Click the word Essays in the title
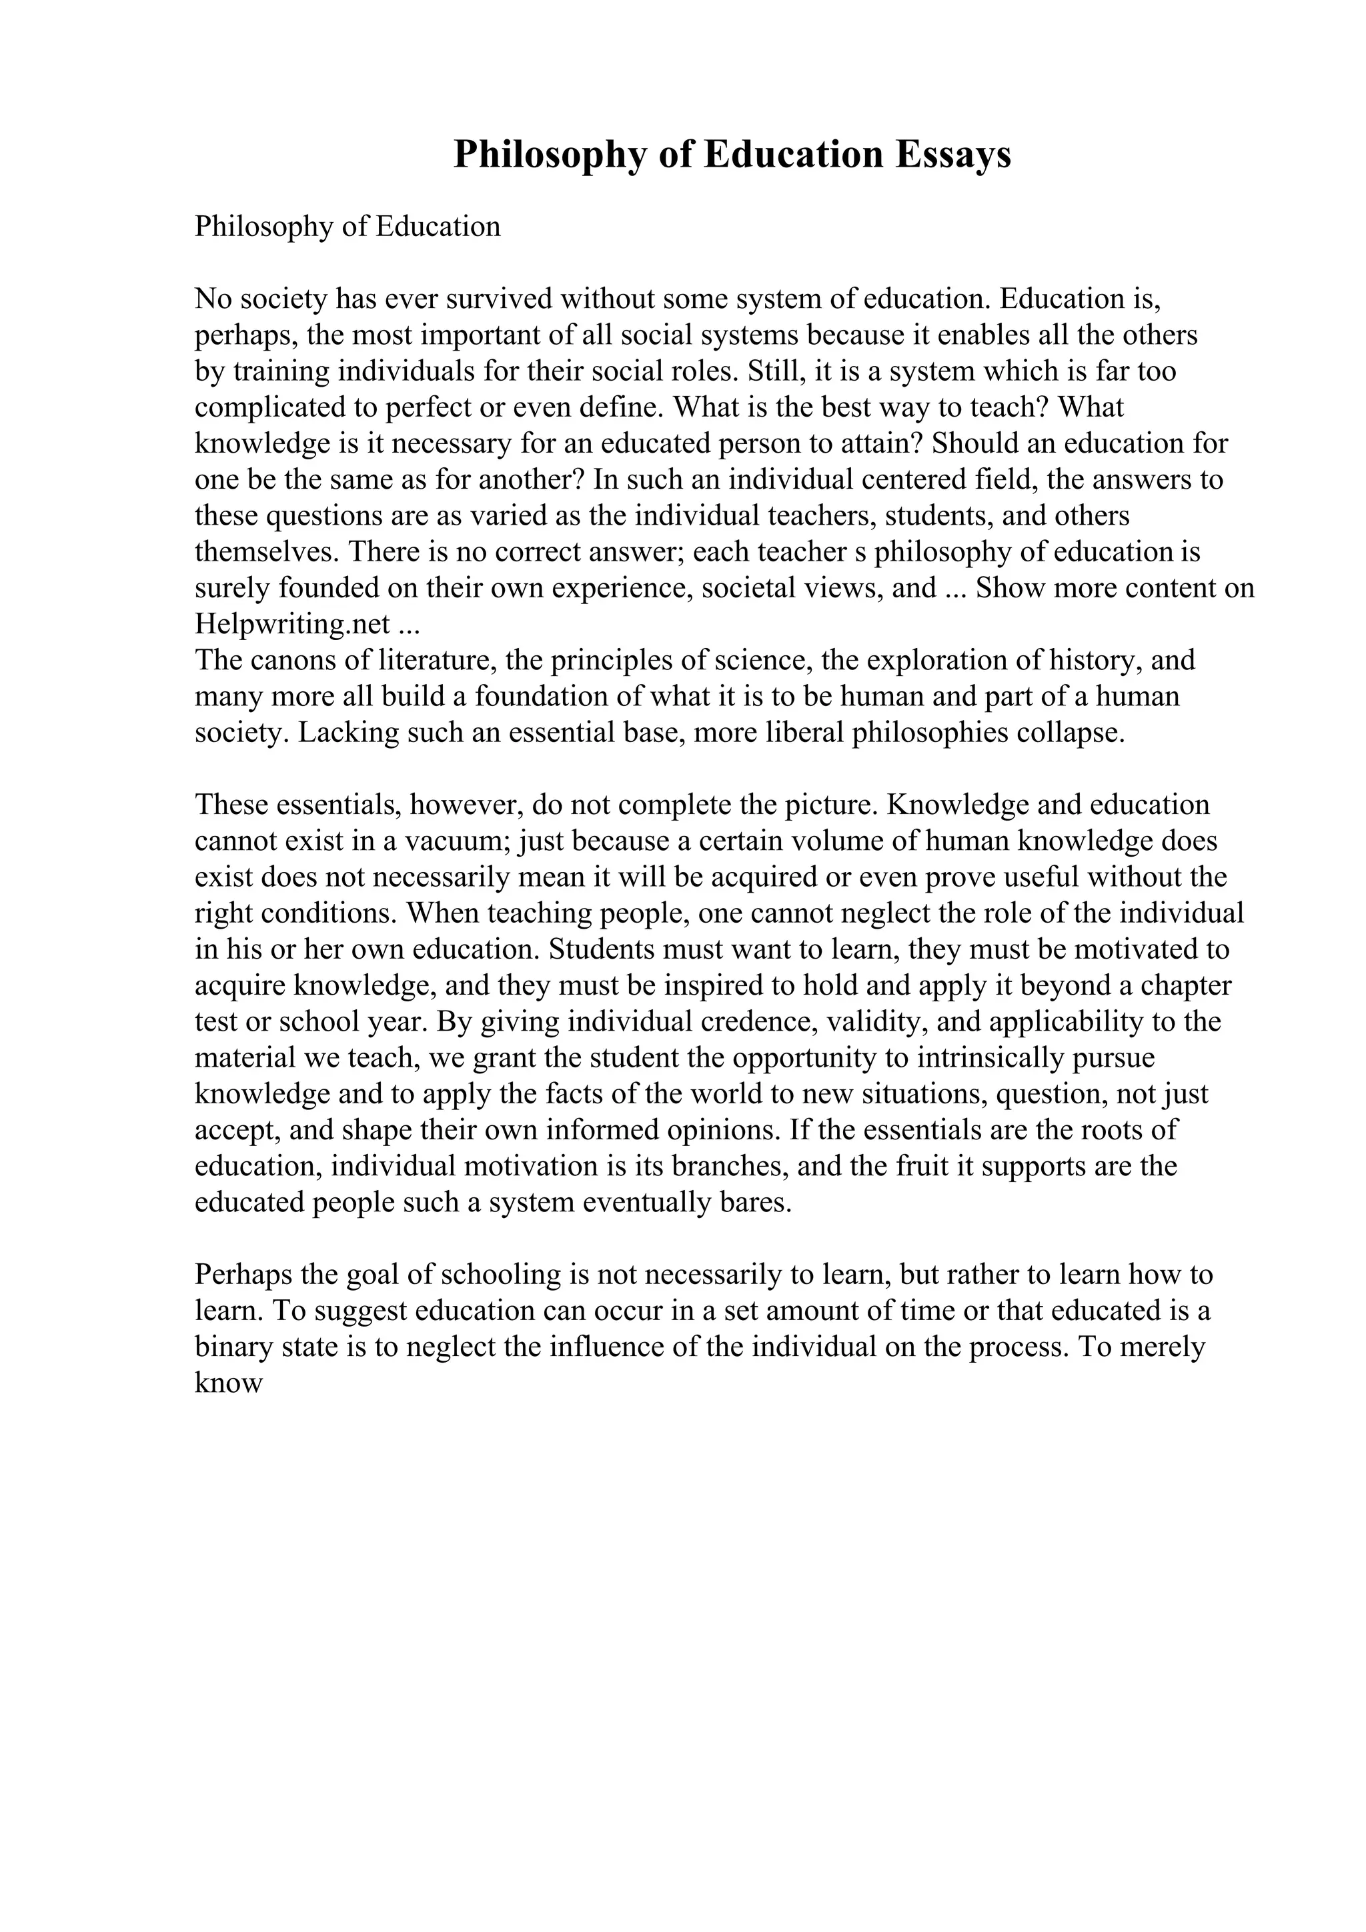coord(952,155)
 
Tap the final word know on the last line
coord(229,1383)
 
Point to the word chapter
coord(1186,985)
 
